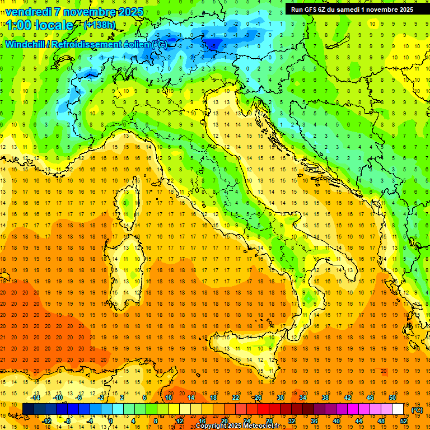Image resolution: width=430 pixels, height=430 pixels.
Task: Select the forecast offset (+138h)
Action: tap(99, 25)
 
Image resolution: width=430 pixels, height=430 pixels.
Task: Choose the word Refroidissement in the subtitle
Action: tap(84, 45)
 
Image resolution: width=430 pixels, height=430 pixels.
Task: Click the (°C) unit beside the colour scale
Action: tap(417, 410)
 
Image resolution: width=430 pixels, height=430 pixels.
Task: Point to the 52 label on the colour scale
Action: tap(404, 420)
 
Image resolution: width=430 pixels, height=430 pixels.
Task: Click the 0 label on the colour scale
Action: tap(111, 420)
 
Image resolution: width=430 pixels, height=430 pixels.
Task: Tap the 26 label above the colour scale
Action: tap(257, 398)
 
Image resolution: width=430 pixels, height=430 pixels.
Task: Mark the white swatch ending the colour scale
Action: tap(398, 409)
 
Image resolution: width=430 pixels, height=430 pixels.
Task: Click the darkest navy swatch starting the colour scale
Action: tap(28, 409)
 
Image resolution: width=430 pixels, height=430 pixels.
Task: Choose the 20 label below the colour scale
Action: tap(224, 420)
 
